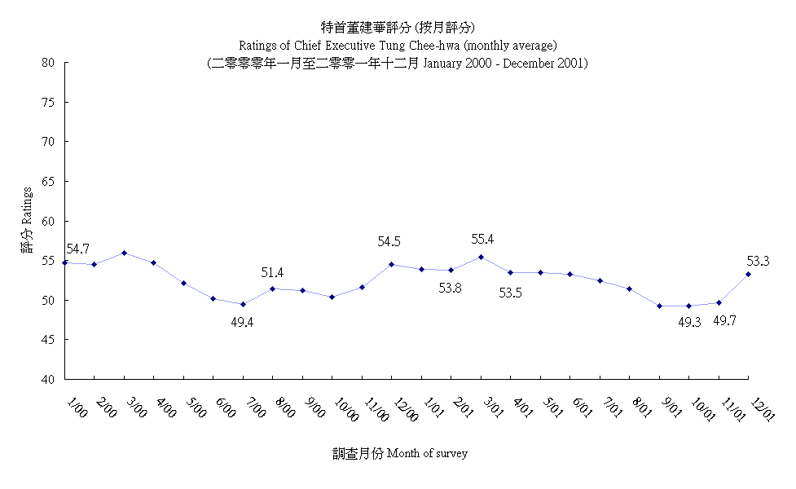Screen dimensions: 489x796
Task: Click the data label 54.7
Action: [x=78, y=249]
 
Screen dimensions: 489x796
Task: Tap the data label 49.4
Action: [x=243, y=322]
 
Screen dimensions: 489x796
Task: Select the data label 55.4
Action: [x=483, y=240]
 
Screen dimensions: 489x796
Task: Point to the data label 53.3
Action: [x=759, y=261]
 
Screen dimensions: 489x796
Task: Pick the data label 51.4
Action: [x=273, y=272]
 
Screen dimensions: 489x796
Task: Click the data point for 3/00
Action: [x=124, y=253]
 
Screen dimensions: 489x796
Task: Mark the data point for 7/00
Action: [x=243, y=304]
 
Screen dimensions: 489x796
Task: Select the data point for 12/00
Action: [x=391, y=264]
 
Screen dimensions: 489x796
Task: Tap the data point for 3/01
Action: [x=481, y=257]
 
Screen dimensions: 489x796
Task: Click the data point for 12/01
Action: [x=748, y=274]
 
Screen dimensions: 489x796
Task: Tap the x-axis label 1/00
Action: [x=77, y=405]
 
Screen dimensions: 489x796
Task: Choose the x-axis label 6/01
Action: [x=583, y=405]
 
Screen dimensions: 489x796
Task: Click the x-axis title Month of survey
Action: [x=427, y=453]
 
